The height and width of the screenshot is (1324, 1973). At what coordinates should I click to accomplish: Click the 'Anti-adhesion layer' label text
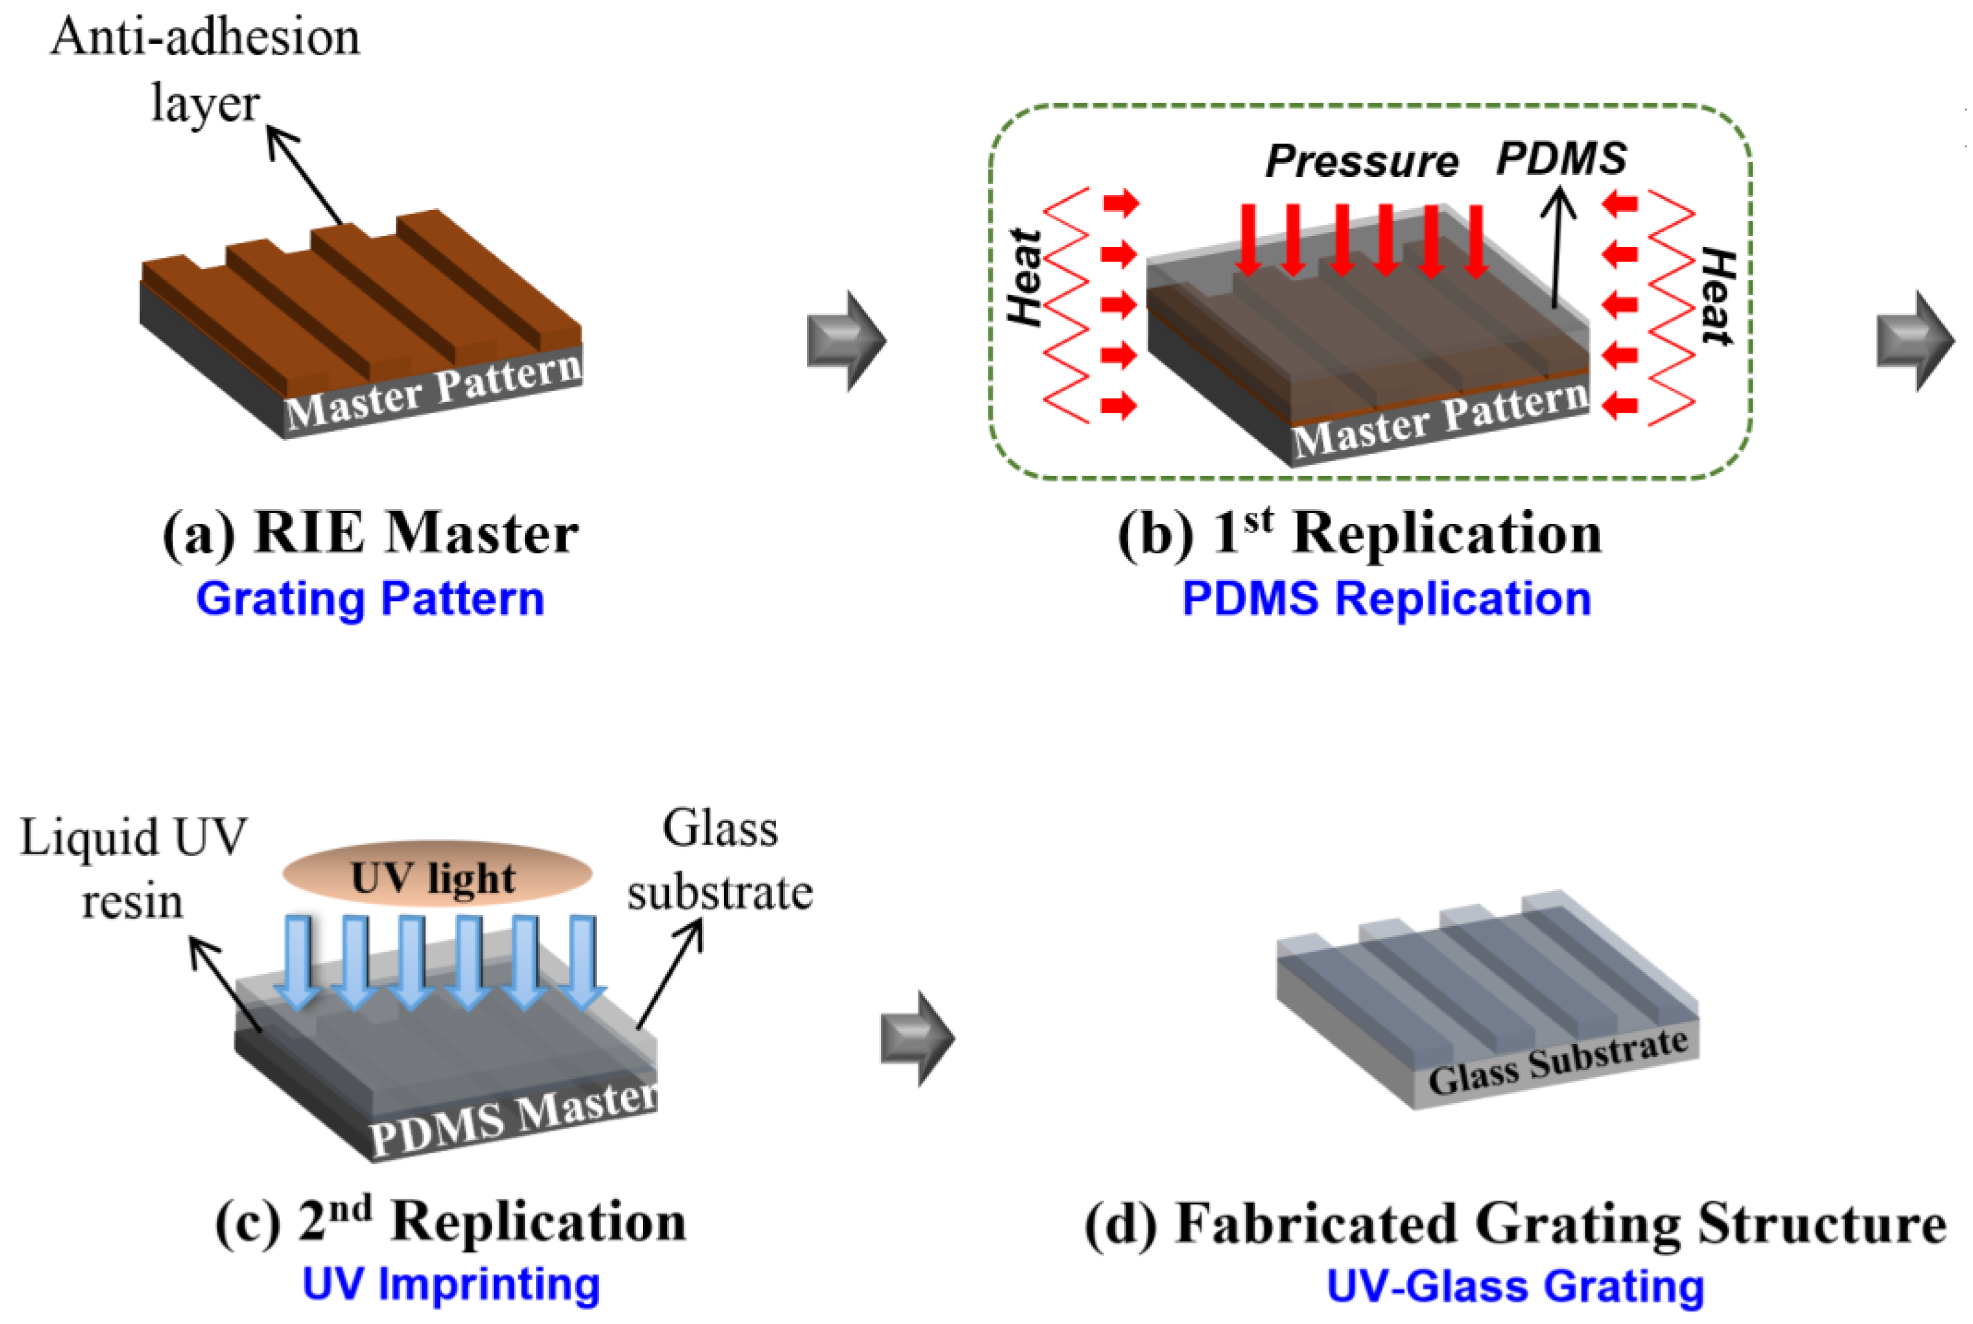(x=205, y=69)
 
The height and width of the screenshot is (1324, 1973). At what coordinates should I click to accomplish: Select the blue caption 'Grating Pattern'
(x=370, y=599)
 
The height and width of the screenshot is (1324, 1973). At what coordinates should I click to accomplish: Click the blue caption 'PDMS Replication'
(x=1386, y=599)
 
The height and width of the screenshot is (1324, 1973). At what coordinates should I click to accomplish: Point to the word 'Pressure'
(x=1361, y=160)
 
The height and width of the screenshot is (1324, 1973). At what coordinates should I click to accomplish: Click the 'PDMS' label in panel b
(x=1561, y=158)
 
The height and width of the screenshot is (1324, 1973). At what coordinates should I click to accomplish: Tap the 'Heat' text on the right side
(x=1717, y=295)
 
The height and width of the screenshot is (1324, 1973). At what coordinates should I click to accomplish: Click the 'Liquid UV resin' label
(x=133, y=870)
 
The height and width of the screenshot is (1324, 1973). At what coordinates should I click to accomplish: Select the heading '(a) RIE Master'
(x=370, y=534)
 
